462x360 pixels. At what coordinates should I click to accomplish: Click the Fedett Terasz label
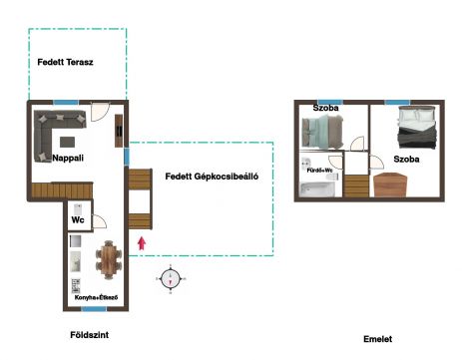[65, 62]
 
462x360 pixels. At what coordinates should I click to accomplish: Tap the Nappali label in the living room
[68, 158]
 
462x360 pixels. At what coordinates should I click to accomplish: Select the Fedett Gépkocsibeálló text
[212, 177]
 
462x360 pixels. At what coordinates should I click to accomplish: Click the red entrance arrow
[142, 243]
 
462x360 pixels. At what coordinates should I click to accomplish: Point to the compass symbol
[171, 278]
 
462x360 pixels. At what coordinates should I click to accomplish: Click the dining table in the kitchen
[109, 260]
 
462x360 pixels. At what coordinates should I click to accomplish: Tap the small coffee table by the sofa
[67, 142]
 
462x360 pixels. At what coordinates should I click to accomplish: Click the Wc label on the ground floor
[78, 219]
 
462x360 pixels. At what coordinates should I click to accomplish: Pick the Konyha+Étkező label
[96, 297]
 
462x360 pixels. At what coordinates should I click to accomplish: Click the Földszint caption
[90, 335]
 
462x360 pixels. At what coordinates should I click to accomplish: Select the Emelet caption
[377, 339]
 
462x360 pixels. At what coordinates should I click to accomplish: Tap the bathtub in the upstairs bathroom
[317, 188]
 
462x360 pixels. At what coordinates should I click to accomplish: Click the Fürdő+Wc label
[319, 171]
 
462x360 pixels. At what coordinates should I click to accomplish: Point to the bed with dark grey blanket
[417, 128]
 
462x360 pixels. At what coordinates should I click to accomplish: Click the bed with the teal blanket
[322, 132]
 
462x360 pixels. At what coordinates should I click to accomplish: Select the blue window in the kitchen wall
[94, 309]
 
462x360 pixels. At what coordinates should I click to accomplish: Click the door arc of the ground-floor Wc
[100, 221]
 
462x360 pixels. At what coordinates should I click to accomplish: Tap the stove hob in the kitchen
[76, 286]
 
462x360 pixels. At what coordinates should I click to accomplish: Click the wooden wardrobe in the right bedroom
[390, 184]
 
